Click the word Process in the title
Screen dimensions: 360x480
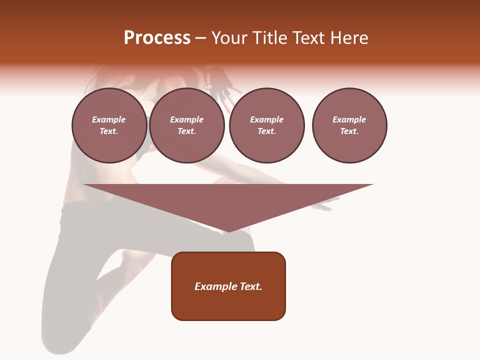[157, 38]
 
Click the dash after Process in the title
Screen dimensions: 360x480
[200, 38]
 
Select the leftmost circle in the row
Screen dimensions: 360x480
[109, 125]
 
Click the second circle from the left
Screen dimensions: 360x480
[186, 125]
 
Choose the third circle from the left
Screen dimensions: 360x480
[266, 125]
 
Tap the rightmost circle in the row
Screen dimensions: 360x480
[349, 125]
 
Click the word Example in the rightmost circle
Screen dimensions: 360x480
[349, 119]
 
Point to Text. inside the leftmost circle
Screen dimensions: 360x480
[109, 131]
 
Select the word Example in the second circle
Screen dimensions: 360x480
[186, 119]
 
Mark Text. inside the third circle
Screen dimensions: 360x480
[266, 131]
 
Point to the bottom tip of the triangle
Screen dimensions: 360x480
[228, 230]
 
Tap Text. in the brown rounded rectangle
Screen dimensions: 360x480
[250, 286]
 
